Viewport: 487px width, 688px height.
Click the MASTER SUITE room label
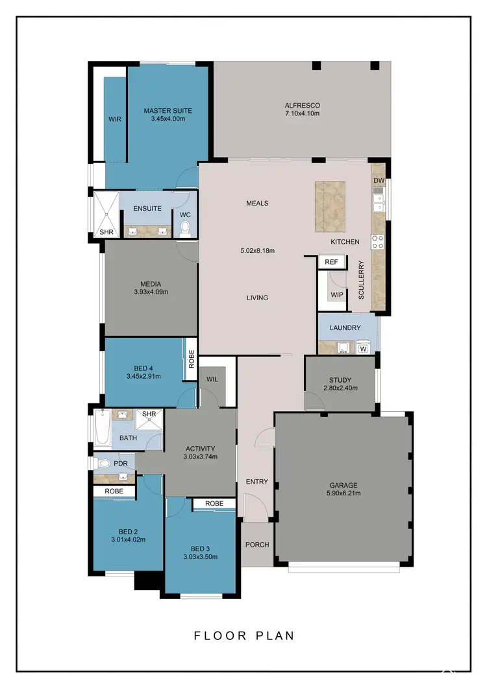(168, 111)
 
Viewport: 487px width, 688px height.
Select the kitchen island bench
(331, 206)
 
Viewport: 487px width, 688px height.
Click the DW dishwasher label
(380, 180)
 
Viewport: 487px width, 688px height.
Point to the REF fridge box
(331, 262)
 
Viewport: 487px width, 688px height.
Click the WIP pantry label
(336, 294)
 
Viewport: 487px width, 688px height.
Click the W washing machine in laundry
(363, 349)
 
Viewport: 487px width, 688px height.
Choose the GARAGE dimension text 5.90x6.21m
(343, 493)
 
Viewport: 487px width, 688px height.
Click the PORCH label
(257, 545)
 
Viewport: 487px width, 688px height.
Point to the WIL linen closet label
(212, 379)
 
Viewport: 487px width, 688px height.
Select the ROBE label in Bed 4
(192, 359)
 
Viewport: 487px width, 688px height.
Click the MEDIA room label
(150, 283)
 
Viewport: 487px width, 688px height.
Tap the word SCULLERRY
(362, 279)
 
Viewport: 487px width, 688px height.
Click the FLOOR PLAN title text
(244, 635)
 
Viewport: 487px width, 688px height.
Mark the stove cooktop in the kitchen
(377, 242)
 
